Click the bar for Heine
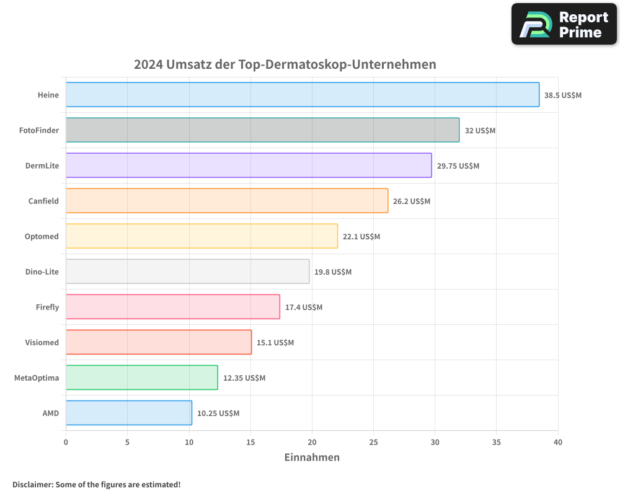303,95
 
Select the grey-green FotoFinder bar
262,130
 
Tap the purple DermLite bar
249,166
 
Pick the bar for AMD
129,413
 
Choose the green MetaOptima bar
142,378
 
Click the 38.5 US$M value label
563,95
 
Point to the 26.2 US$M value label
412,201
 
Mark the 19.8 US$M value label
333,272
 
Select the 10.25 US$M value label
218,414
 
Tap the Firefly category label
47,307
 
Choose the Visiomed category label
42,342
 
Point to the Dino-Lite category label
42,272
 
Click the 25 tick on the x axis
373,442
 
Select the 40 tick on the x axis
558,442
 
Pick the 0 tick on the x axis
66,442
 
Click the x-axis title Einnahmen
312,458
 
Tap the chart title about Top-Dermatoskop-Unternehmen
285,64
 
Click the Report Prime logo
564,24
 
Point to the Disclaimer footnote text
97,484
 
